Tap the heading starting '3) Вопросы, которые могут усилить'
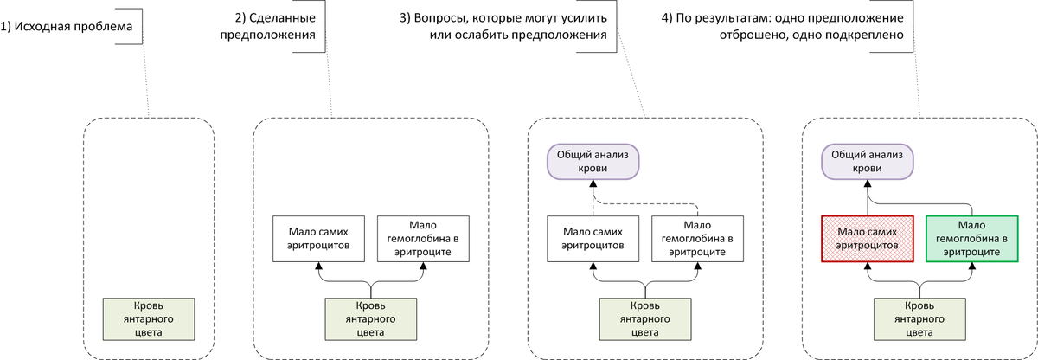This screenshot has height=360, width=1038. (504, 27)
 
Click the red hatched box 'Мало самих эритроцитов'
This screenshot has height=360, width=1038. (868, 238)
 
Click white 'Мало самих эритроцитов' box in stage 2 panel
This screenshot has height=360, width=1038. (318, 238)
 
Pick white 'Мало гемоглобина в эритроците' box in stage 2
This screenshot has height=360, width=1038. (423, 238)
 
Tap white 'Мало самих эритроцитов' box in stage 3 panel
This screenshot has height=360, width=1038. (593, 238)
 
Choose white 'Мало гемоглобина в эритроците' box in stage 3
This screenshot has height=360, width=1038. (697, 238)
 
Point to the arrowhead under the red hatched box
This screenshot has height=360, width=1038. (868, 267)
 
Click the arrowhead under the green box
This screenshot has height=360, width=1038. (972, 267)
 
